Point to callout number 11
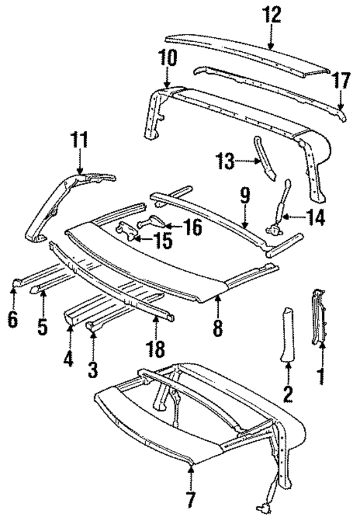(79, 140)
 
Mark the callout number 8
(218, 328)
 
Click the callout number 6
(13, 319)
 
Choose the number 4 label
(69, 357)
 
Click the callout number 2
(288, 392)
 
